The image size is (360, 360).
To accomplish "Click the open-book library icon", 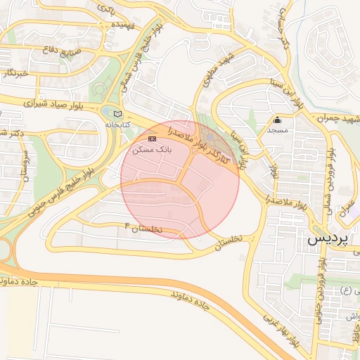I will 117,113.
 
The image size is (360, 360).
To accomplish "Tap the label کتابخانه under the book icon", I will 117,124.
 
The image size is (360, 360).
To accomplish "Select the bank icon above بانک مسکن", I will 153,139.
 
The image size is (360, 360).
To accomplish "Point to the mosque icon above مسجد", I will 278,120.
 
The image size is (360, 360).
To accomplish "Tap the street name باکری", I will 105,9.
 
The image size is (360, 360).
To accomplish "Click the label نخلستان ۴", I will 143,228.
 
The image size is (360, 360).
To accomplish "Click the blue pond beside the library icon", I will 106,112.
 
